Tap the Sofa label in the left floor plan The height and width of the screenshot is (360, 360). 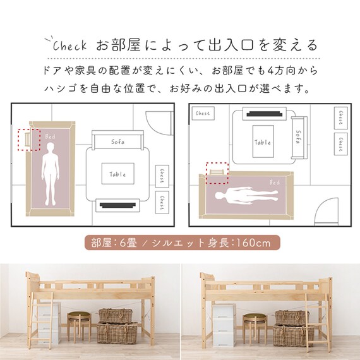(x=117, y=141)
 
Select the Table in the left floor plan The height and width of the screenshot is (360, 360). (x=117, y=174)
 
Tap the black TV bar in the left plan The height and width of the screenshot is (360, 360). (x=117, y=205)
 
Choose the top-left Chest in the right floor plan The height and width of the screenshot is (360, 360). (x=203, y=114)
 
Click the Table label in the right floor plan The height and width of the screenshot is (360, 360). (x=263, y=142)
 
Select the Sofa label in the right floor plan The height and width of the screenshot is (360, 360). (x=298, y=135)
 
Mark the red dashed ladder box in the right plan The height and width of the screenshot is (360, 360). (x=216, y=171)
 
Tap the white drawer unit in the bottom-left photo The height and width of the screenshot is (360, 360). (x=48, y=325)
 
